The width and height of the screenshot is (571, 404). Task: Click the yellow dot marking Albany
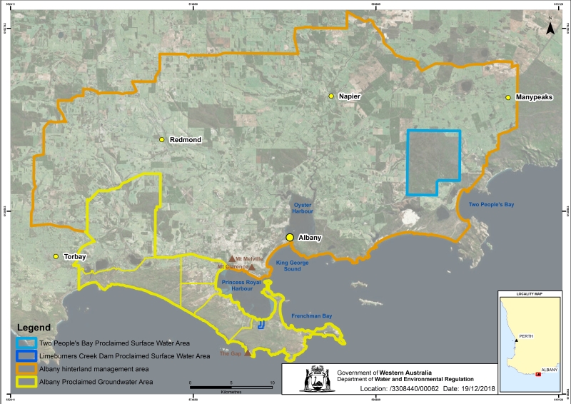[x=290, y=238]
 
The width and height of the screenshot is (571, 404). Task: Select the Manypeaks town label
[x=533, y=97]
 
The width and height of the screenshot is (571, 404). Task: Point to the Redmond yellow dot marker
[x=162, y=139]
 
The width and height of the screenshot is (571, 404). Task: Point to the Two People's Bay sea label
[x=490, y=205]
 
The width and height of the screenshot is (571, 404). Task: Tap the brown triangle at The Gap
[x=248, y=353]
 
